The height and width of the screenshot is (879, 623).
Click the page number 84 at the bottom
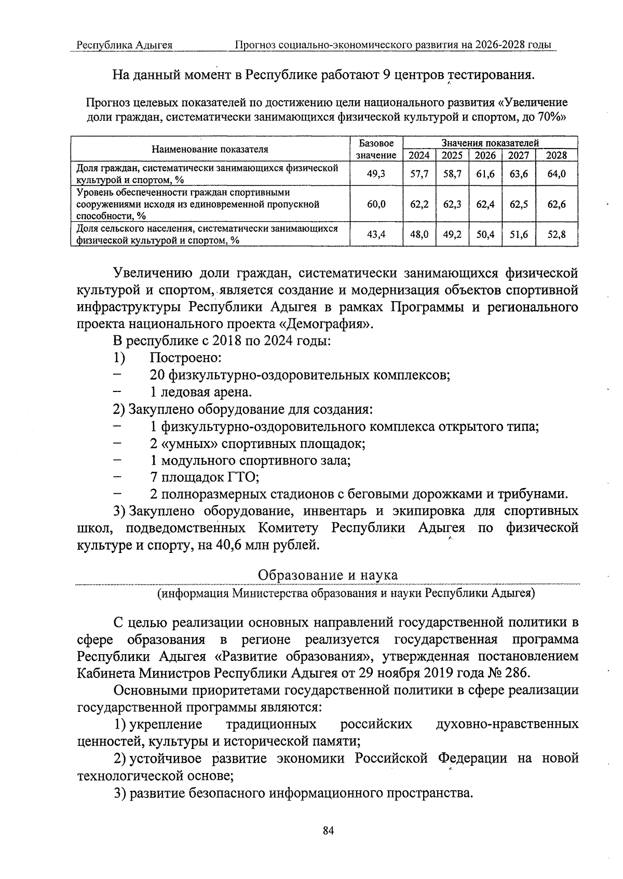[x=328, y=831]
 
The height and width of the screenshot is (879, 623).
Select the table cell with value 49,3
[x=376, y=174]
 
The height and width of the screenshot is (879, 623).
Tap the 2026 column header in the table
[x=485, y=155]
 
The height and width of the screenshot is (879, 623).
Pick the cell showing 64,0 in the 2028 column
[x=557, y=174]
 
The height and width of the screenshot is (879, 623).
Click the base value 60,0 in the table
[x=376, y=205]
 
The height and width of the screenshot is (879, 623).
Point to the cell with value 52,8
[x=557, y=235]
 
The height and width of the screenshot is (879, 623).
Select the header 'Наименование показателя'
[x=210, y=150]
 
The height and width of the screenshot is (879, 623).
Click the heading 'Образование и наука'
[x=328, y=575]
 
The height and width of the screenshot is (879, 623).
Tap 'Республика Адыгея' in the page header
[x=125, y=45]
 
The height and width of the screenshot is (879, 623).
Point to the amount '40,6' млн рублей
[x=225, y=545]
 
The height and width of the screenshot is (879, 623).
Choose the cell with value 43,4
[x=376, y=235]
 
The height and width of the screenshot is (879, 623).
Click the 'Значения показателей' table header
[x=490, y=143]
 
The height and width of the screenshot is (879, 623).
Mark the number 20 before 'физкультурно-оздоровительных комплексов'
[x=157, y=375]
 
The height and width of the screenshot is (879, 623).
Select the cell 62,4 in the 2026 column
[x=485, y=205]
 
